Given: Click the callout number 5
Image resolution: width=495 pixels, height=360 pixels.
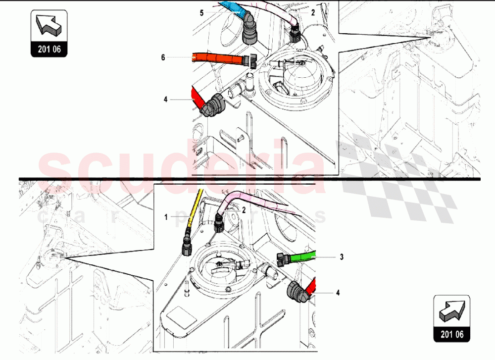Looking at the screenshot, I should pos(201,13).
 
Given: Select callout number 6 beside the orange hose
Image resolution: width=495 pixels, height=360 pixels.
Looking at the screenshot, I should pos(163,57).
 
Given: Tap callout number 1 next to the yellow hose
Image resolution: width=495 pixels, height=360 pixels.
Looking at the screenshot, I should pos(167,216).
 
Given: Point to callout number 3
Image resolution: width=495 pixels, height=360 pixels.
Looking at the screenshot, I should pos(342,257).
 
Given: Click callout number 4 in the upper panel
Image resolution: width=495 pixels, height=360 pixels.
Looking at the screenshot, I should pos(166,100).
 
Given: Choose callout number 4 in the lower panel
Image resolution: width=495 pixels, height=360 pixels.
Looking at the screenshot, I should pos(338,293).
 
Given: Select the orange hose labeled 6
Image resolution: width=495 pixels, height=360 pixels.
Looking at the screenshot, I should pos(218,58).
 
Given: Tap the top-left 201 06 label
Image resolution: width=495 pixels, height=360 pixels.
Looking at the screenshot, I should pos(49,50).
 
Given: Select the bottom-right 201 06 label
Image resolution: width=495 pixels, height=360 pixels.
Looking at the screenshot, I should pos(451,335).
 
